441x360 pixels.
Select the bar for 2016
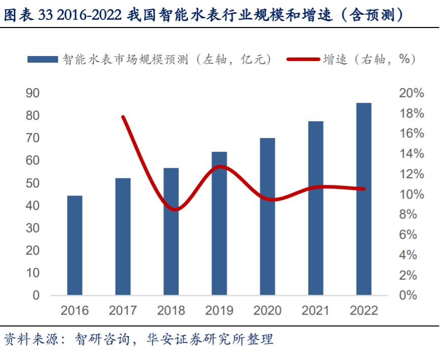click(x=74, y=245)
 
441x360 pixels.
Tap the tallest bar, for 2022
click(x=364, y=199)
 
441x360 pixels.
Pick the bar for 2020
click(x=267, y=216)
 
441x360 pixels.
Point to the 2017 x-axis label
click(x=123, y=311)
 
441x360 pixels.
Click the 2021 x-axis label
click(x=316, y=311)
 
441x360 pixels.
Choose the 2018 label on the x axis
click(x=171, y=311)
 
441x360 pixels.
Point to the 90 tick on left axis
click(x=33, y=93)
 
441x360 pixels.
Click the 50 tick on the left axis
click(x=33, y=183)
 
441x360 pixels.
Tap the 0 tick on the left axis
click(x=36, y=295)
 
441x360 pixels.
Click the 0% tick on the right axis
click(x=408, y=295)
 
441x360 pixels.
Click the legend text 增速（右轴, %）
click(x=369, y=60)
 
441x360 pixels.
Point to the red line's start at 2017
click(x=123, y=117)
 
